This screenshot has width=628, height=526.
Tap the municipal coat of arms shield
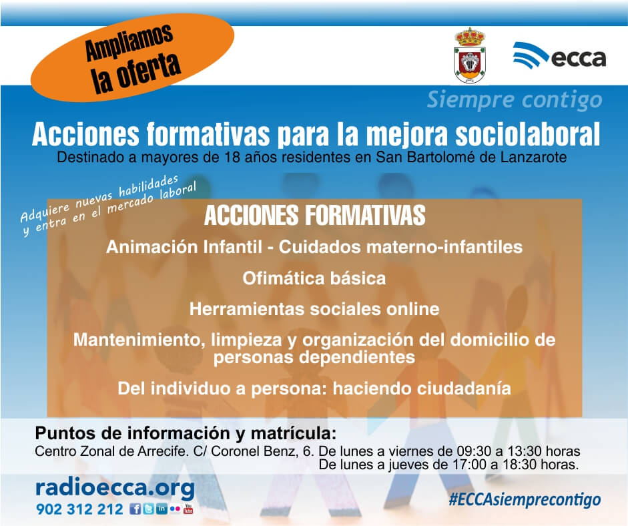coord(469,55)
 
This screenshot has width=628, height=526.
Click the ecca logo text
coord(579,59)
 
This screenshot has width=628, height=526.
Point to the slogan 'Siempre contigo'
coord(515,99)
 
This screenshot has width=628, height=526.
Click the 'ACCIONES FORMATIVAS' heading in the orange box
coord(314,215)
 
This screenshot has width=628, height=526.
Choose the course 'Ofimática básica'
coord(314,278)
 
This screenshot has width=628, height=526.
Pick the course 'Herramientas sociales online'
coord(314,309)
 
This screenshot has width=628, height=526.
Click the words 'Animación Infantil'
coord(184,247)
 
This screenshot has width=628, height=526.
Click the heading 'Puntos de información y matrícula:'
coord(186,433)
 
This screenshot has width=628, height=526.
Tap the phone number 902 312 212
coord(79,509)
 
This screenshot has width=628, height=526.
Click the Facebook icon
coord(135,509)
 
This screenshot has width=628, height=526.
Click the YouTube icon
coord(188,509)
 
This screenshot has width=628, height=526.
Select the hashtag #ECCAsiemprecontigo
coord(525,500)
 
